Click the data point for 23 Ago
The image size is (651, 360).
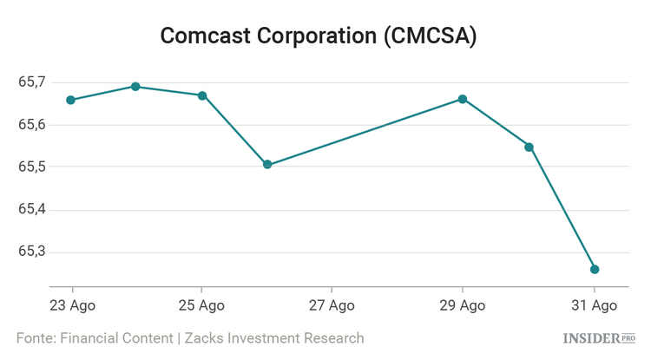click(x=71, y=100)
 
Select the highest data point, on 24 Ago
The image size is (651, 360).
click(x=135, y=87)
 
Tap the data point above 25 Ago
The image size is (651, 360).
click(x=202, y=95)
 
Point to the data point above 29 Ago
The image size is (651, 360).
click(x=463, y=99)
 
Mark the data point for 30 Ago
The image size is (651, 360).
click(x=529, y=147)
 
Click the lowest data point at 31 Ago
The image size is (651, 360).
click(x=595, y=269)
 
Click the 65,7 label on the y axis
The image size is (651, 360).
click(x=31, y=82)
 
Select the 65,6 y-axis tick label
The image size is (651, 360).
click(x=31, y=125)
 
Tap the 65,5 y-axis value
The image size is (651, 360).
click(x=31, y=167)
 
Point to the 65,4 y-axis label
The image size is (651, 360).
click(x=31, y=210)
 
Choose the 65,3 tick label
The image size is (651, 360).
click(x=31, y=252)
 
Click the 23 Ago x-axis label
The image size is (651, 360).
click(x=72, y=305)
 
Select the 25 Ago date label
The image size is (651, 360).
click(x=201, y=305)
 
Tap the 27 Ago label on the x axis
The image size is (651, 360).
click(x=332, y=305)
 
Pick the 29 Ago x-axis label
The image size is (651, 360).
click(x=462, y=305)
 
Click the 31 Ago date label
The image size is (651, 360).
click(x=593, y=305)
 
